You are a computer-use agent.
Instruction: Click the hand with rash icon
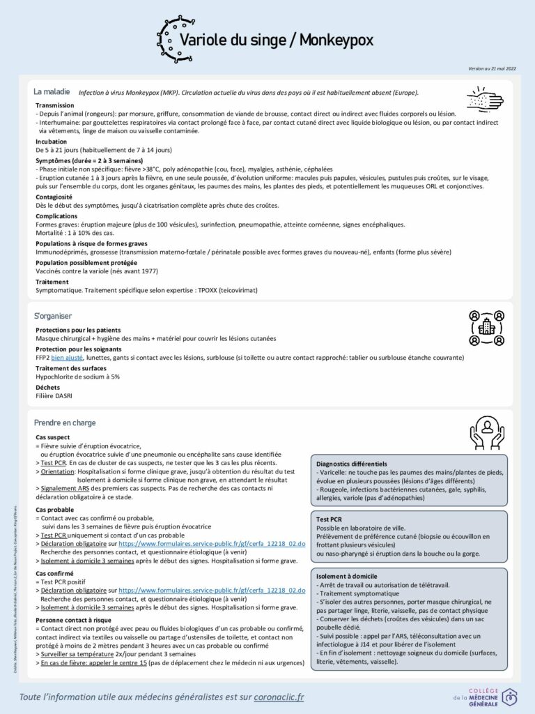pos(483,99)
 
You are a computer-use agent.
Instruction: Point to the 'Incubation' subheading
pos(52,141)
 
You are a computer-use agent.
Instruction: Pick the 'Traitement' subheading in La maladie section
pos(52,282)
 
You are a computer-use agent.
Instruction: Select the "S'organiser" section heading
pos(53,316)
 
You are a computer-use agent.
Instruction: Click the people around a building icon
pos(486,327)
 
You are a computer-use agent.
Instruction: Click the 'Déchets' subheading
pos(47,387)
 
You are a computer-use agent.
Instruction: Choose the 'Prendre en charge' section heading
pos(65,423)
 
